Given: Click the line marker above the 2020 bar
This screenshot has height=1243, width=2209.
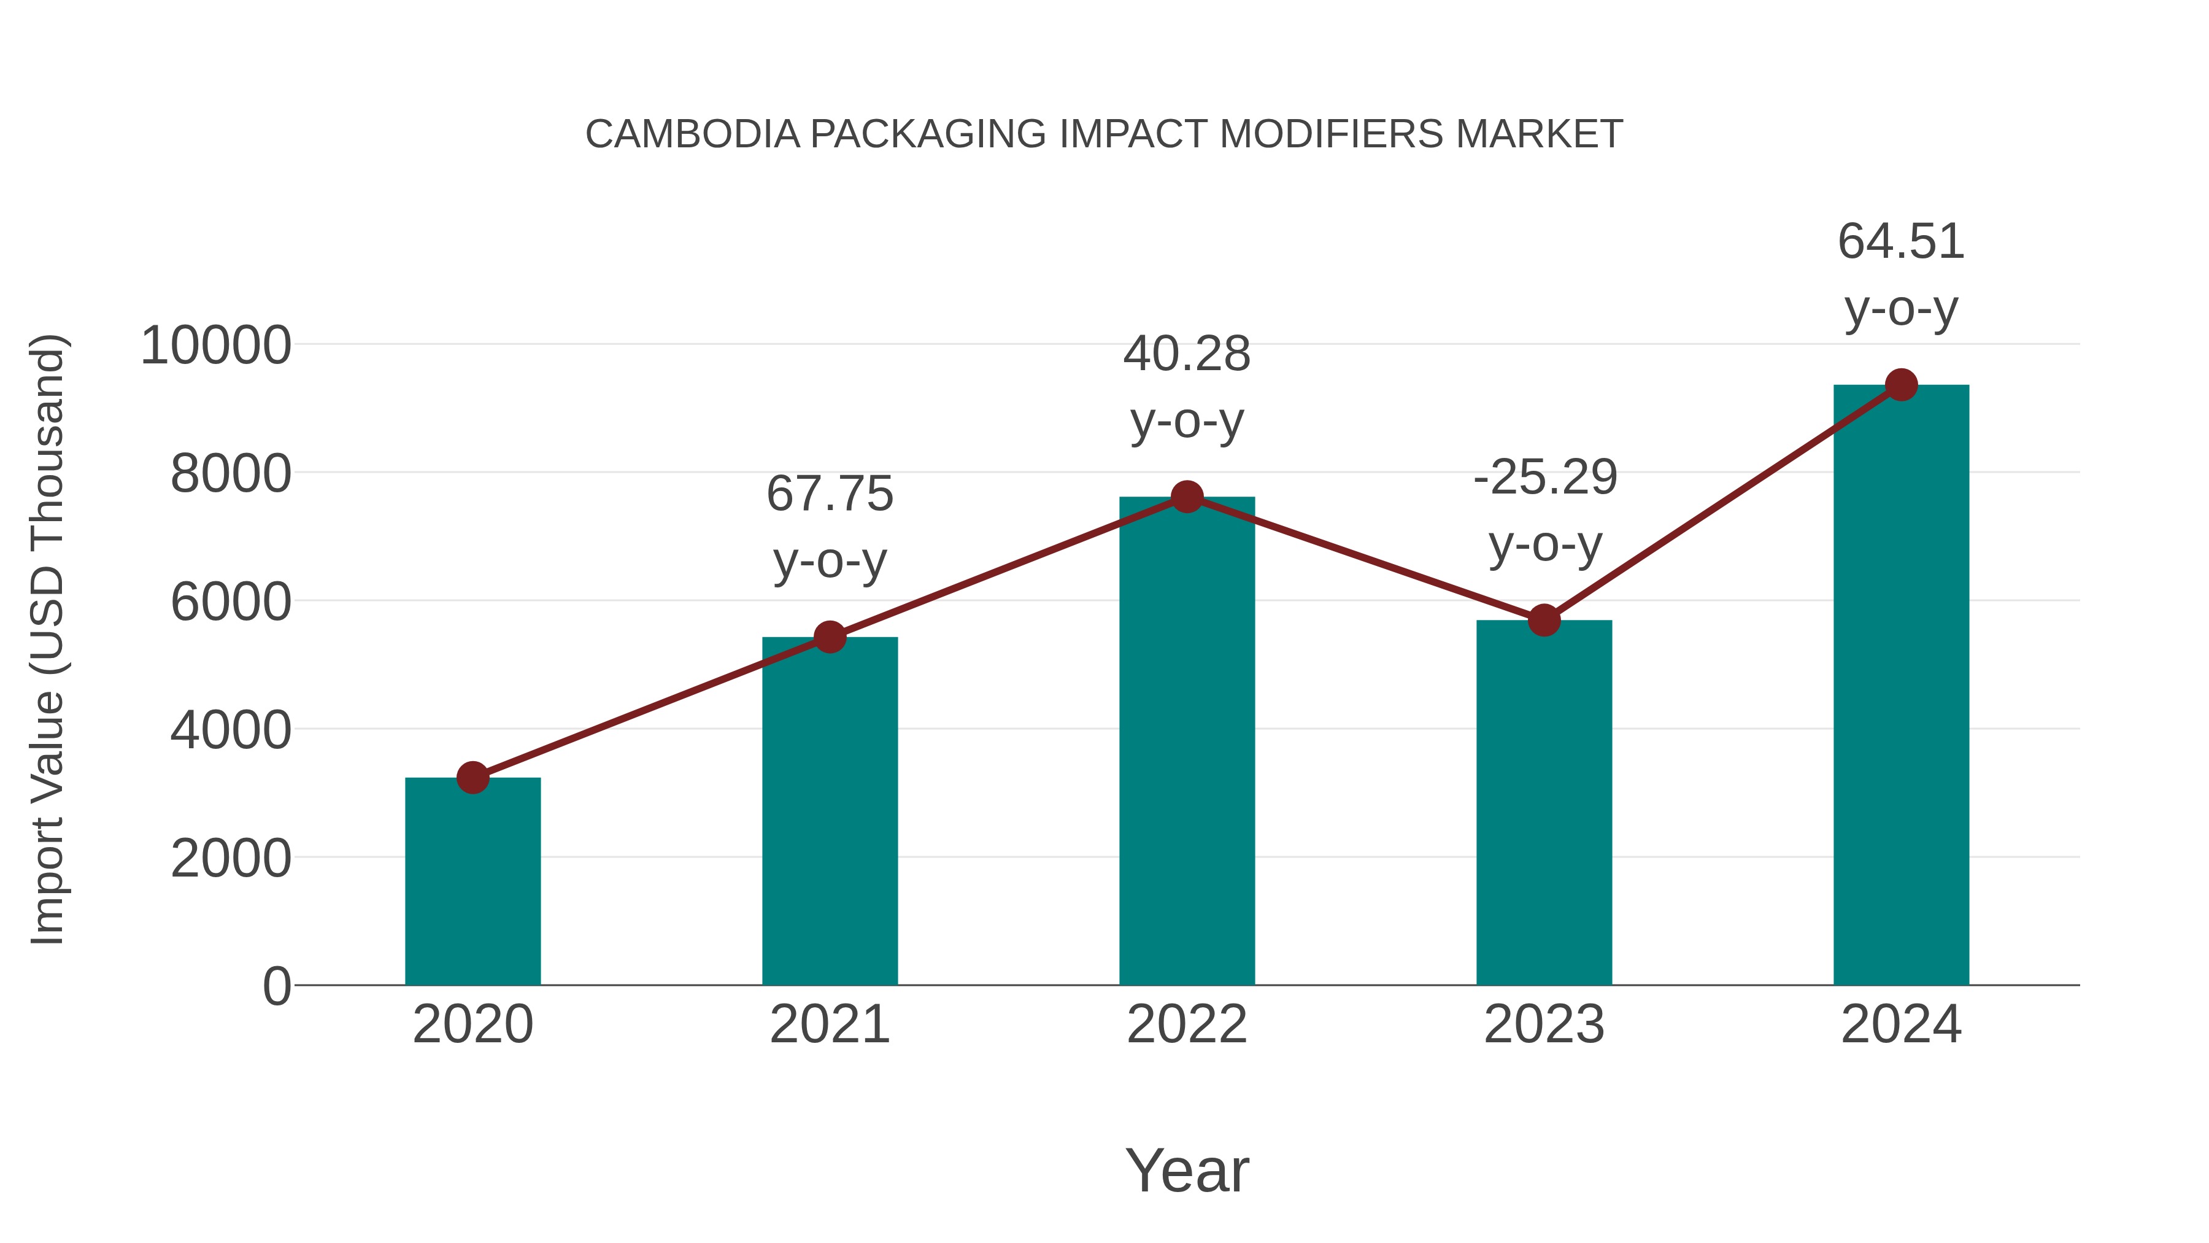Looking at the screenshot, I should [x=472, y=778].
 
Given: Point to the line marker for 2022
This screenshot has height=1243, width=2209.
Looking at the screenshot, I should [x=1187, y=497].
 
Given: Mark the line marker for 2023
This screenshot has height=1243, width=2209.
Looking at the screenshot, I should [x=1544, y=620].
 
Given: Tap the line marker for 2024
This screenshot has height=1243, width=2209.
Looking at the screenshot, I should [x=1901, y=385].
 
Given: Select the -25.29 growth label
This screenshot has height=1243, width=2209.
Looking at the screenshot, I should [x=1544, y=478].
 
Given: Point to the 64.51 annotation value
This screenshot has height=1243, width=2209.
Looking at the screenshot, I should [x=1901, y=242].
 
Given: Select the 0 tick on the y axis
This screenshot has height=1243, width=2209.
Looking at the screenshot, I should [x=277, y=986].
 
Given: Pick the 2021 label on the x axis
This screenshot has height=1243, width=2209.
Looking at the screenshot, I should [x=829, y=1024].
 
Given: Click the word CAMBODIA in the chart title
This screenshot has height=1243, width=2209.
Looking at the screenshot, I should [x=692, y=134].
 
